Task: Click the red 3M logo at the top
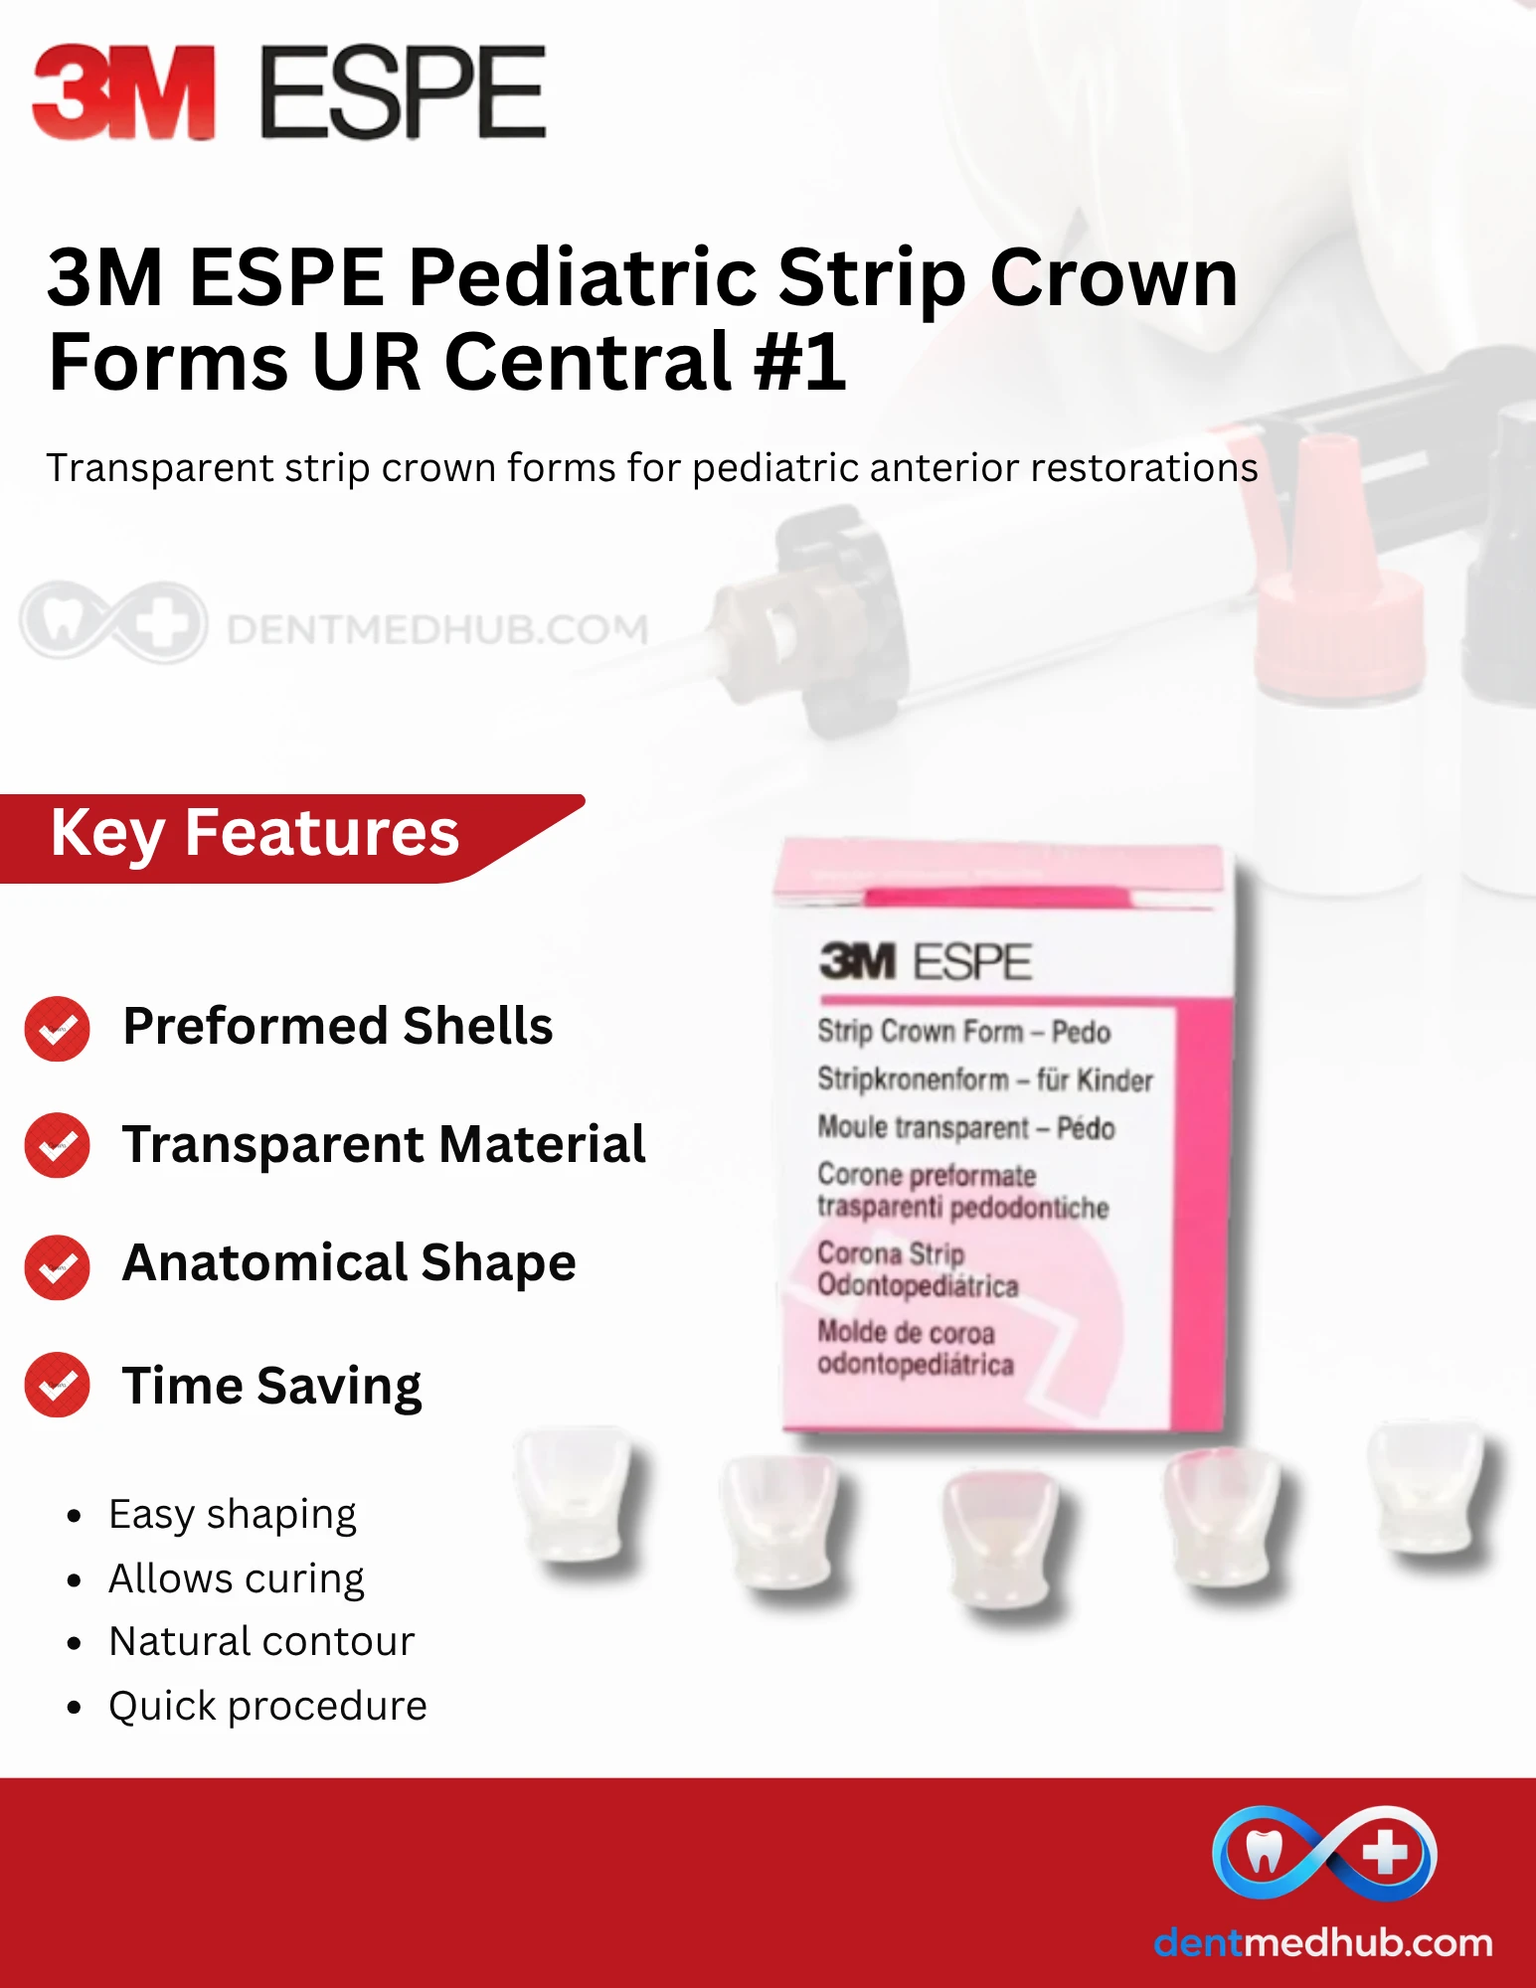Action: tap(124, 91)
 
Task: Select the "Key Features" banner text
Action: tap(255, 834)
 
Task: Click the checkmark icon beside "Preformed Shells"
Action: tap(57, 1028)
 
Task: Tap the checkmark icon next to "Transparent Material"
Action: tap(57, 1145)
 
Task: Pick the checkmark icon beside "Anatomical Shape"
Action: tap(57, 1267)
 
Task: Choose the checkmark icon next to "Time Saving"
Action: tap(57, 1385)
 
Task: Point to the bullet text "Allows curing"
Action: tap(237, 1579)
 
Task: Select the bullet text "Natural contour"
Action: tap(261, 1641)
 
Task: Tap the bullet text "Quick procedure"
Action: tap(268, 1707)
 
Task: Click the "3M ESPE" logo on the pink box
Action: tap(926, 961)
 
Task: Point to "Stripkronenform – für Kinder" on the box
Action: tap(985, 1079)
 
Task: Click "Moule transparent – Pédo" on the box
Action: tap(966, 1128)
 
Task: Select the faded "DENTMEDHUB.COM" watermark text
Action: tap(437, 629)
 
